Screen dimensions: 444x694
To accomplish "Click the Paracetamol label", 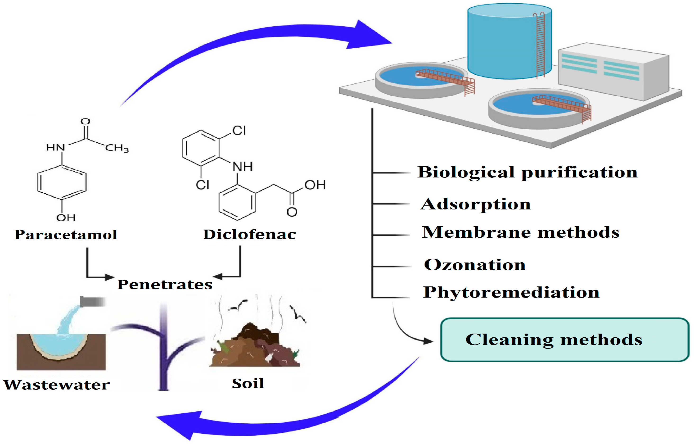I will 66,235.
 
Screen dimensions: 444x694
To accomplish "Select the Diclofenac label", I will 250,234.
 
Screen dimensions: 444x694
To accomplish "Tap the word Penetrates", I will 165,285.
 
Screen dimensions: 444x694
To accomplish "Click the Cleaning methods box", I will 564,340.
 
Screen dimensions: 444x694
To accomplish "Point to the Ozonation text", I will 475,265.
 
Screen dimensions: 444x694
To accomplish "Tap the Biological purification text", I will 527,172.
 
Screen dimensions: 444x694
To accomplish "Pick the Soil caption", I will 248,383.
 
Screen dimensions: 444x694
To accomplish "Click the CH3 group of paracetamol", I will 117,148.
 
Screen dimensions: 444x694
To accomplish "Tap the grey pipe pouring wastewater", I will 92,302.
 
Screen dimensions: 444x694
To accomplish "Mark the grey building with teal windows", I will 614,72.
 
